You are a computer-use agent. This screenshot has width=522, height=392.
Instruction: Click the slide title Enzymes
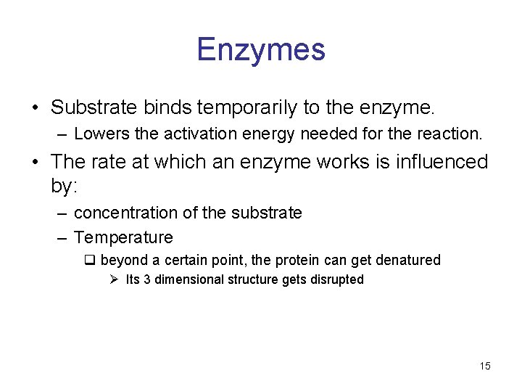click(261, 49)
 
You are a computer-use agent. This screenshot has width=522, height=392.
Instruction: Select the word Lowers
click(96, 134)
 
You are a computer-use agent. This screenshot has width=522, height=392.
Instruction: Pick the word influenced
click(441, 161)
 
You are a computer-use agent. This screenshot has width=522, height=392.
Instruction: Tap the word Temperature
click(123, 237)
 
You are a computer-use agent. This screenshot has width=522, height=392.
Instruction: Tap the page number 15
click(485, 366)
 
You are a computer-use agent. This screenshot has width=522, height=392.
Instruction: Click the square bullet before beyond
click(91, 260)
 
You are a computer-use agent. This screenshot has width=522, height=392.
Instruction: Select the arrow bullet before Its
click(115, 279)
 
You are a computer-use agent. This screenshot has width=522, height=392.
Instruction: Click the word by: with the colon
click(64, 186)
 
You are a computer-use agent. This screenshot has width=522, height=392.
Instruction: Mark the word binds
click(165, 108)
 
